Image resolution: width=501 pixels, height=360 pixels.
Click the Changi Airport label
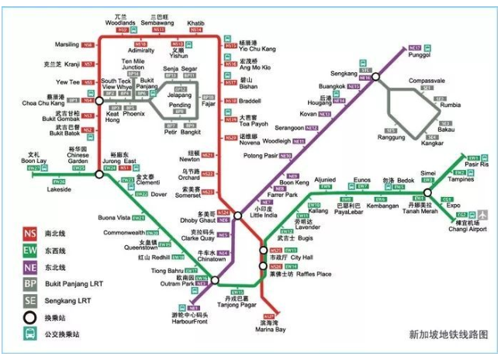click(467, 230)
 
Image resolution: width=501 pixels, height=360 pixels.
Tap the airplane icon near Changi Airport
click(485, 213)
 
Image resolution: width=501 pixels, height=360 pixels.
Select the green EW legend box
click(30, 251)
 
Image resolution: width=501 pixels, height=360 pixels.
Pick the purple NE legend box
click(30, 268)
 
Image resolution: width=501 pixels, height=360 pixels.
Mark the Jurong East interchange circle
click(100, 175)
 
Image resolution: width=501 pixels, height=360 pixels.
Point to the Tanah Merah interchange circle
click(428, 192)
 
